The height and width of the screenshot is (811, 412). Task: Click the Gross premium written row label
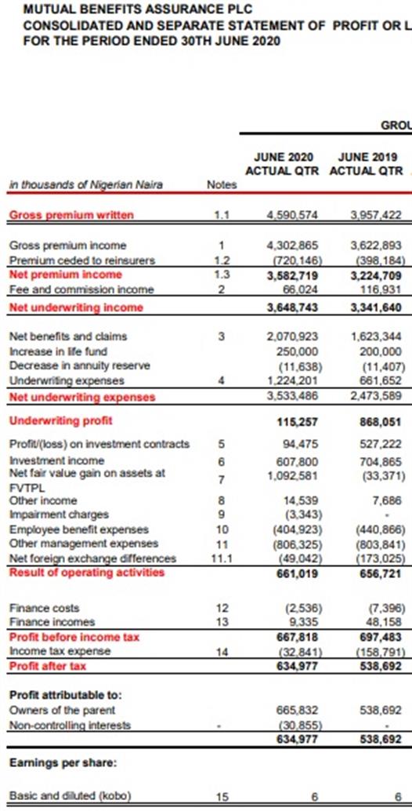point(71,215)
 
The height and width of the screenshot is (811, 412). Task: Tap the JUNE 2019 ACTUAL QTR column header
point(366,163)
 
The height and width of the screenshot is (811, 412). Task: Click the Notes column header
point(221,184)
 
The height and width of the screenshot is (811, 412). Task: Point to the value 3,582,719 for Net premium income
point(292,275)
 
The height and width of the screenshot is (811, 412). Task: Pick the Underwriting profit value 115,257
point(298,422)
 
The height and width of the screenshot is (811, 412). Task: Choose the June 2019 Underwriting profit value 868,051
point(380,422)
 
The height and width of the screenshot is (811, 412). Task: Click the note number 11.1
point(221,558)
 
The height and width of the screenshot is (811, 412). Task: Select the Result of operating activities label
point(87,573)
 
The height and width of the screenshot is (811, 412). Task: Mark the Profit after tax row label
point(48,666)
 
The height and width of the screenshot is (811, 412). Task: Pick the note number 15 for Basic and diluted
point(222,797)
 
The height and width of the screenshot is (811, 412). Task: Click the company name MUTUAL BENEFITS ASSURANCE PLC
point(138,9)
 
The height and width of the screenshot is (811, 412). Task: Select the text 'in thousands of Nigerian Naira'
point(85,184)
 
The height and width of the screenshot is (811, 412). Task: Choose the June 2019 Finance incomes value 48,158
point(384,623)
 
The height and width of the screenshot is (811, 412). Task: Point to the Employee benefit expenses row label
point(78,529)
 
